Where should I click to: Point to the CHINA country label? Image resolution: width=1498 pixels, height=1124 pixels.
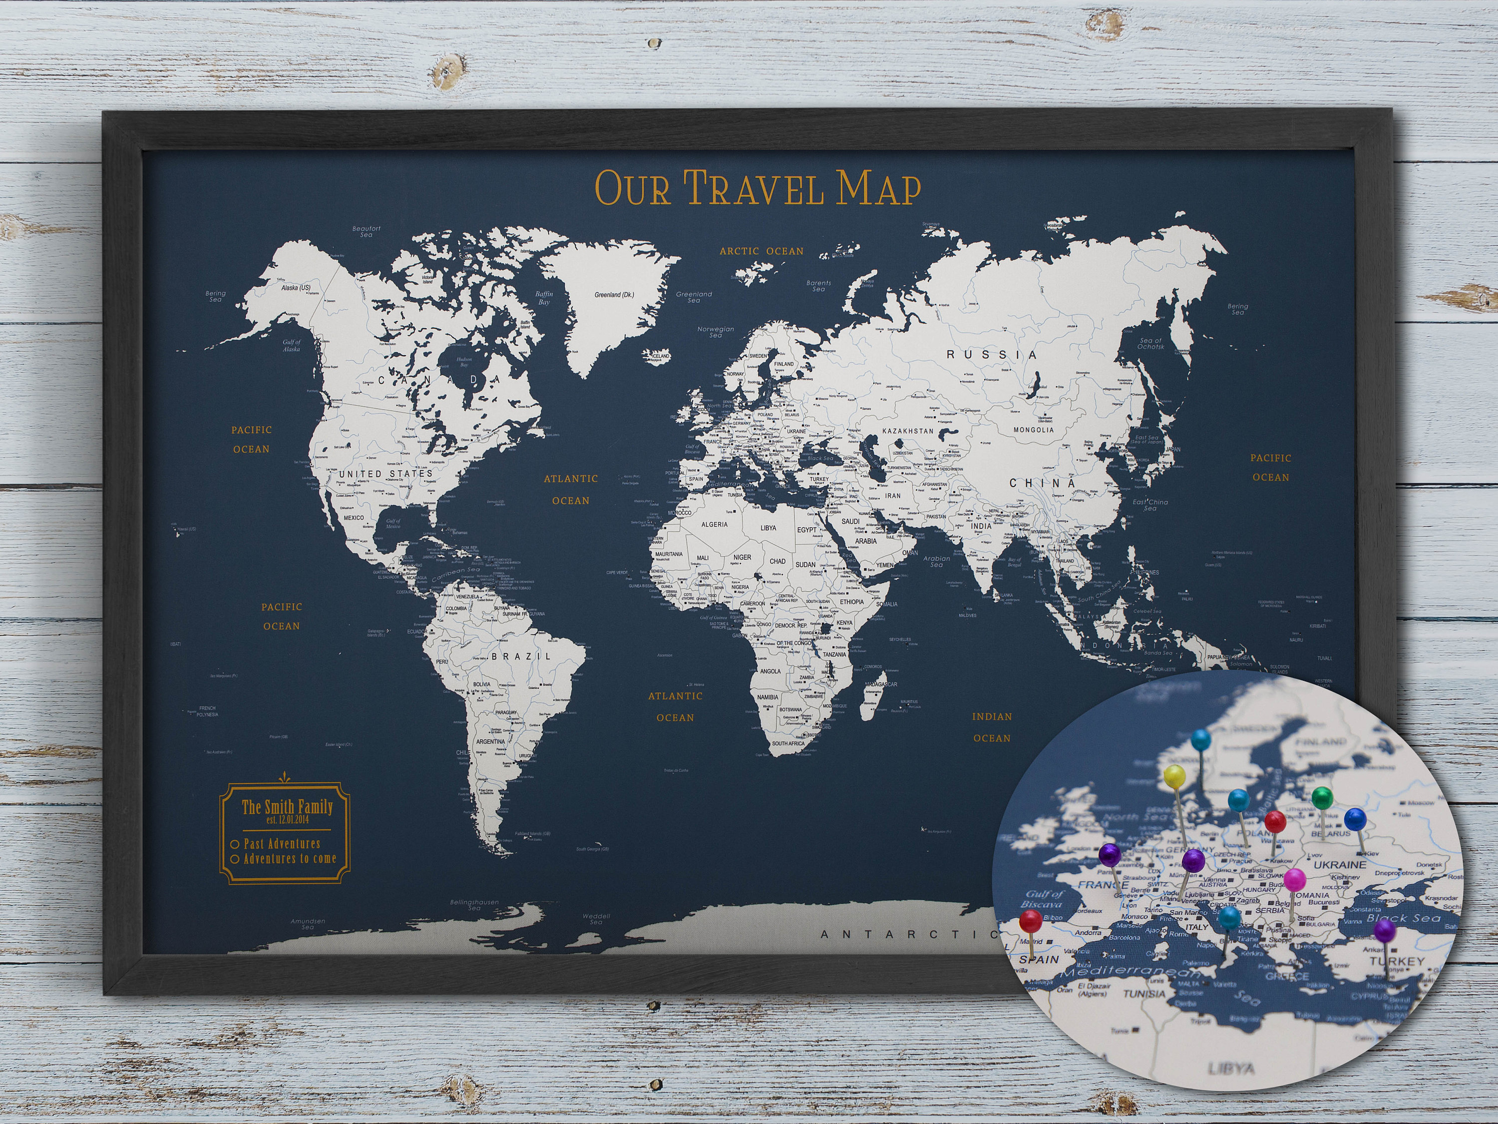[1042, 484]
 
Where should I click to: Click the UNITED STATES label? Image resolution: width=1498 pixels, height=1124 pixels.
[384, 473]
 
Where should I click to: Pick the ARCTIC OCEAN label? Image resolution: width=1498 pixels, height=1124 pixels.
[761, 251]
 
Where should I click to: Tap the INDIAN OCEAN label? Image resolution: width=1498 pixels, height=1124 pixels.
[992, 727]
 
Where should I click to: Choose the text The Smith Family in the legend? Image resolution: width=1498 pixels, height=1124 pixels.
[287, 807]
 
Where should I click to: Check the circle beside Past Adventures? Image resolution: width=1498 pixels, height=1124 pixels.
[234, 844]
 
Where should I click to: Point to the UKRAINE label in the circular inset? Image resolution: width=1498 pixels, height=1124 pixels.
[1339, 865]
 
